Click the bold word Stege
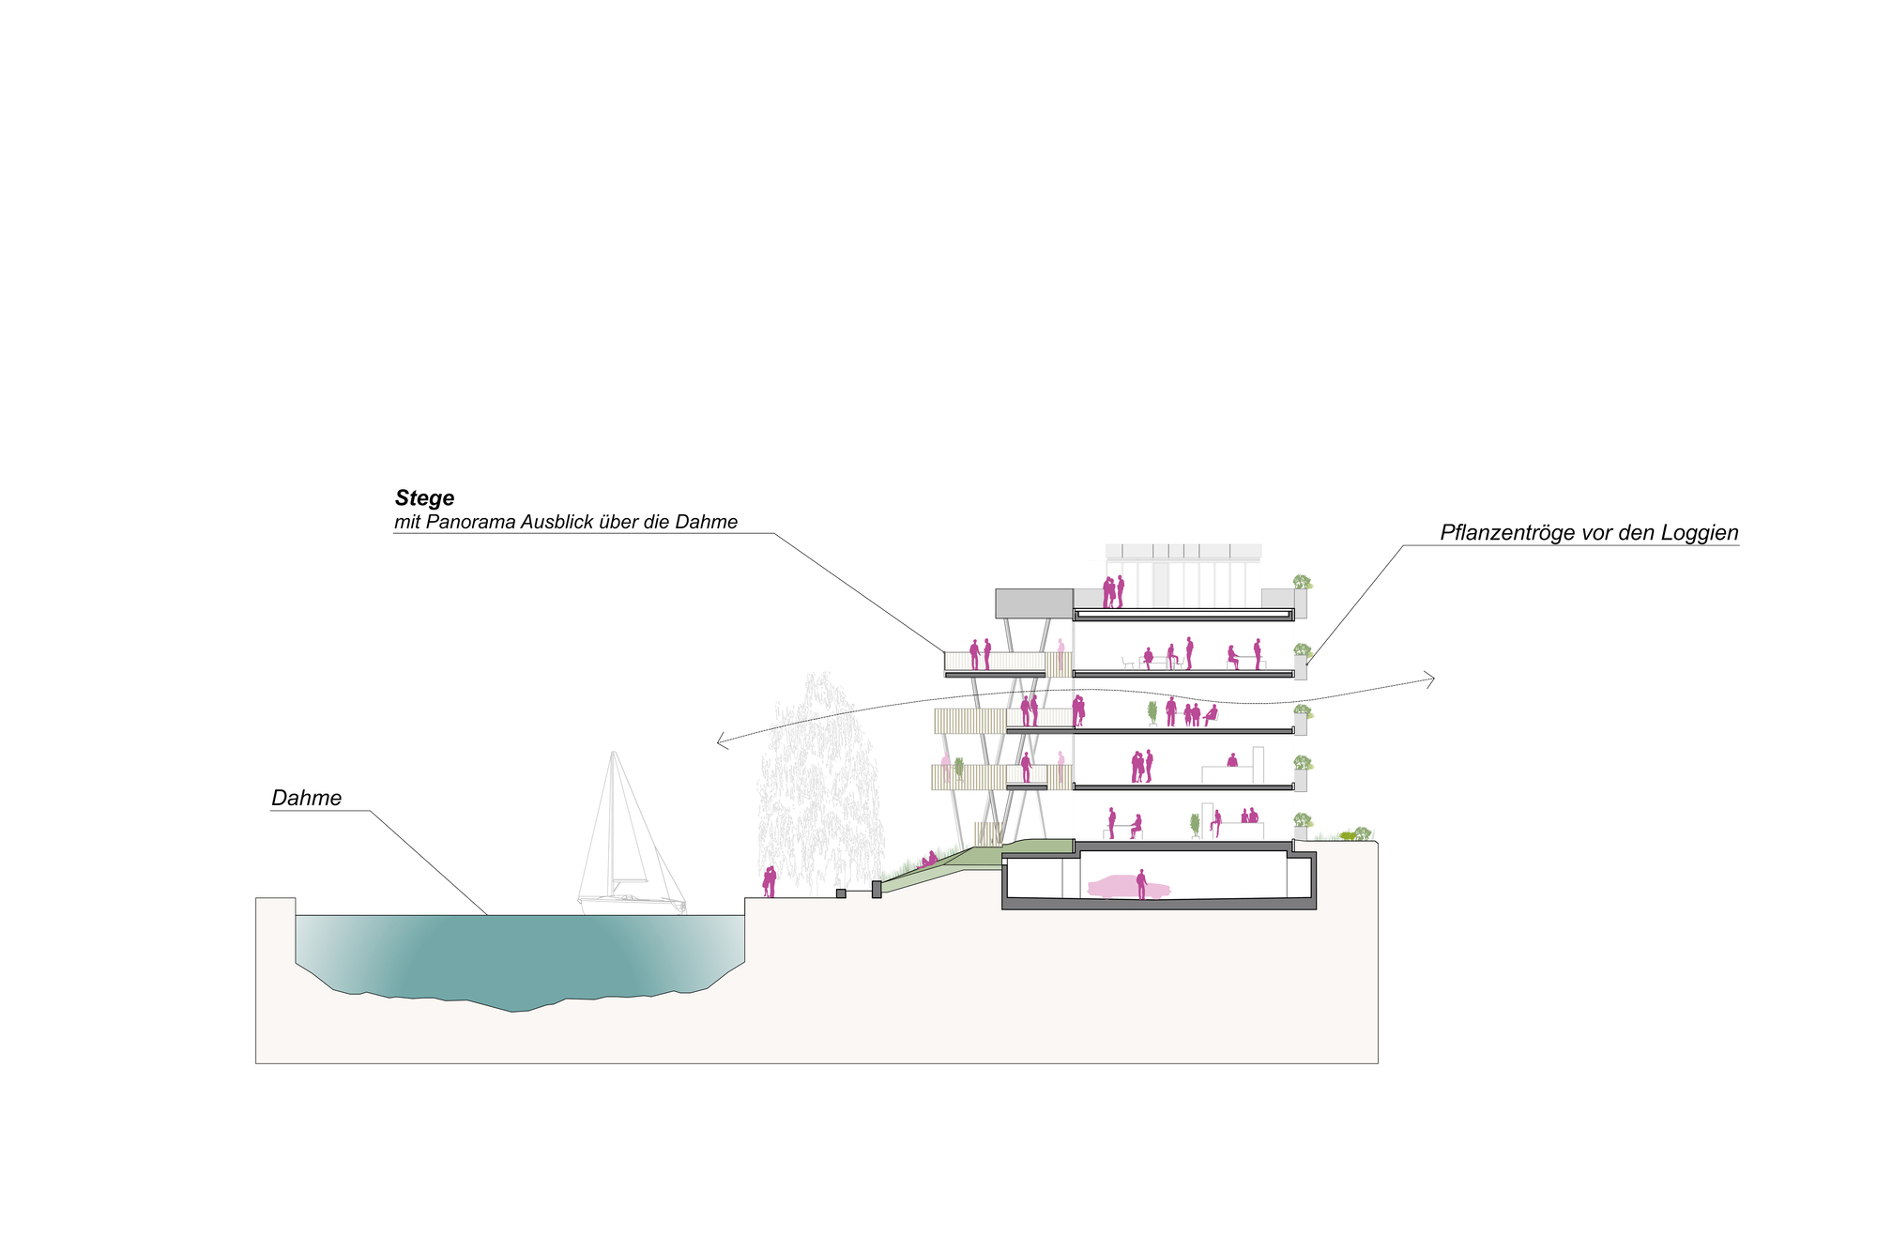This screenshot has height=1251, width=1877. (424, 498)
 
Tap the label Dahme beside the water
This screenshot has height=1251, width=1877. (306, 799)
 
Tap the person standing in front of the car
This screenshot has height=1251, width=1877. (1141, 884)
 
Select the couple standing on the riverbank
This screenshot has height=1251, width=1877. (770, 882)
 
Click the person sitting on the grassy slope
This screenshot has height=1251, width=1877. (929, 859)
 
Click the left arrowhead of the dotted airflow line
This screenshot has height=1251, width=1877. (720, 741)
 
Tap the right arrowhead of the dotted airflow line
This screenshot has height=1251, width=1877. (1431, 679)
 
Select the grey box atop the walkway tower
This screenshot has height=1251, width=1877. (1033, 603)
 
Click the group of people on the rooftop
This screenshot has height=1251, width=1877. (1113, 592)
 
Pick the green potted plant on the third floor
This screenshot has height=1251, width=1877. (1152, 713)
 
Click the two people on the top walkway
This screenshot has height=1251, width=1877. (980, 654)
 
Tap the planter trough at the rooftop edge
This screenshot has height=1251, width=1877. (1301, 602)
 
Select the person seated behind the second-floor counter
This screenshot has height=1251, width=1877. (1232, 760)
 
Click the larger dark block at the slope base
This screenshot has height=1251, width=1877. (877, 889)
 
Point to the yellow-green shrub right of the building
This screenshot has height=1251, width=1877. (1348, 835)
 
